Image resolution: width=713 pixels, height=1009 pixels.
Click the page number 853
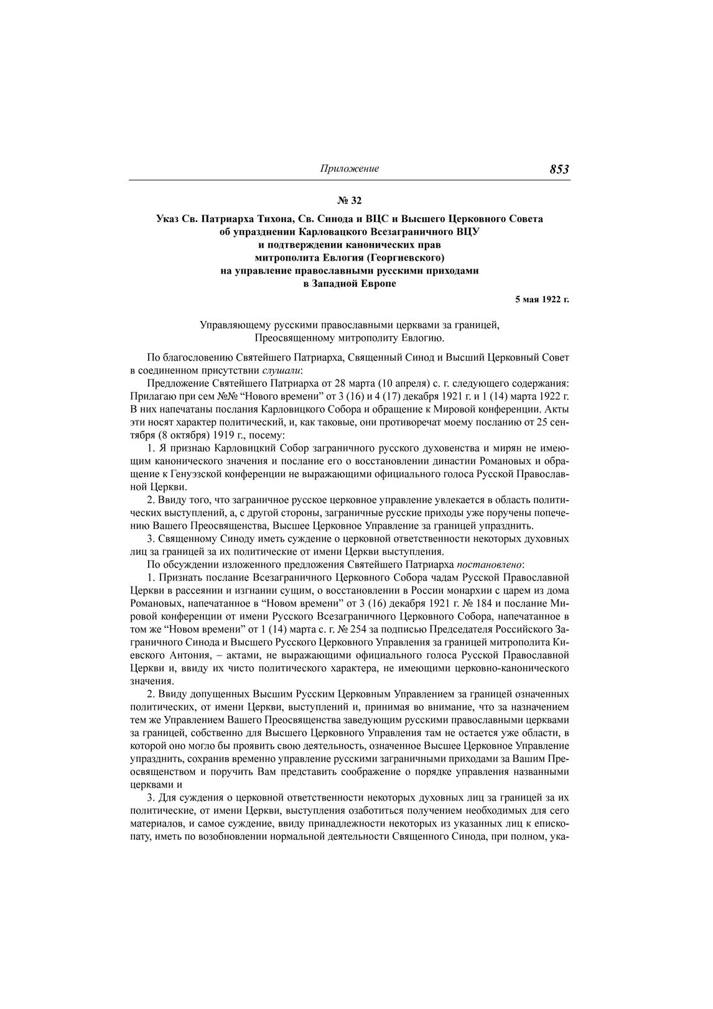tap(559, 169)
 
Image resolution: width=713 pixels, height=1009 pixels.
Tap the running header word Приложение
tap(349, 169)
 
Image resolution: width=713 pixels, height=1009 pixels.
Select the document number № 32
tap(349, 200)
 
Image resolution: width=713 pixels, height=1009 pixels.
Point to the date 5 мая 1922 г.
tap(542, 299)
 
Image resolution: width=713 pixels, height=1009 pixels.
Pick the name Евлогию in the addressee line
tap(424, 338)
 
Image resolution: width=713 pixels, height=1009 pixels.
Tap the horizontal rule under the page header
tap(349, 180)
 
